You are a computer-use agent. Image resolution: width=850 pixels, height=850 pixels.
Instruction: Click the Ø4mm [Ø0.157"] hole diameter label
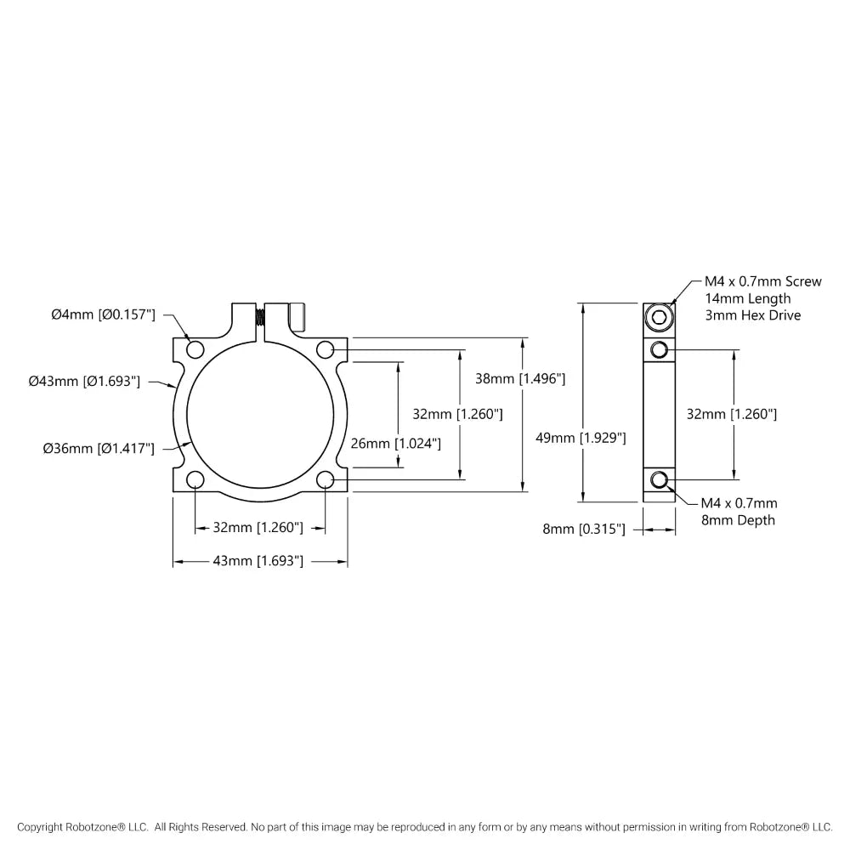[103, 314]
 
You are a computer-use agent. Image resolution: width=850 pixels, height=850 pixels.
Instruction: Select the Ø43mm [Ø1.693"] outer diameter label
[84, 382]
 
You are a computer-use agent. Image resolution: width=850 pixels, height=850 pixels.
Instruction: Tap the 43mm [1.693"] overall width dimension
[261, 561]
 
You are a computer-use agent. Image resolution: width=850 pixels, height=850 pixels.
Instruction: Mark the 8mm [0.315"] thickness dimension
[584, 530]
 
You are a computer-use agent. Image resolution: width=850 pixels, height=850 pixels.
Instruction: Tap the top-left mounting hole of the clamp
[195, 349]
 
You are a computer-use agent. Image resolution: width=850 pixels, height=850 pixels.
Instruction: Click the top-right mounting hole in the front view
[325, 349]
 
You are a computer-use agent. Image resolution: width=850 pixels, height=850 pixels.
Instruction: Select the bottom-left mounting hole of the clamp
[195, 481]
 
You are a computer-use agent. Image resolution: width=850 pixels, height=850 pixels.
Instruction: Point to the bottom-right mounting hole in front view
[325, 481]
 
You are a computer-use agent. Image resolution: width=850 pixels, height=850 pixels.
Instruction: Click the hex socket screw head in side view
[659, 319]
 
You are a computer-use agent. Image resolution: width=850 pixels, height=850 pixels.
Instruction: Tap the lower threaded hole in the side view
[659, 480]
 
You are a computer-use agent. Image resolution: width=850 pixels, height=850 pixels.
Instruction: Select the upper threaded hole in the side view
[659, 349]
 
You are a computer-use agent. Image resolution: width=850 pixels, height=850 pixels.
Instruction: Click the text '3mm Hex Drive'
[753, 315]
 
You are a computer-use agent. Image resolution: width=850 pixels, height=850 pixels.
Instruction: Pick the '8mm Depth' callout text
[739, 520]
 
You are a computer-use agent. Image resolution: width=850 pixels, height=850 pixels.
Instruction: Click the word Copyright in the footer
[43, 827]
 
